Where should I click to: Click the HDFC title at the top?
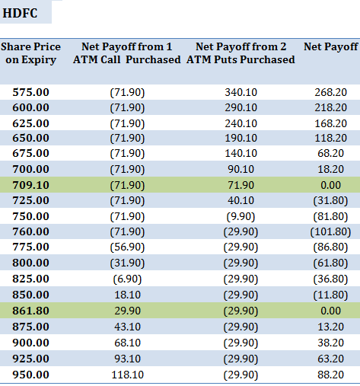20,13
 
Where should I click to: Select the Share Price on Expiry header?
30,53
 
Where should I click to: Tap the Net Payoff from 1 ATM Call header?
127,53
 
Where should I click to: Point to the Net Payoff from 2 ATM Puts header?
241,53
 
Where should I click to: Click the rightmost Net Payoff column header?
331,47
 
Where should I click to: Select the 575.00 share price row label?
30,92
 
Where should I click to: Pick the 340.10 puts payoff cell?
241,92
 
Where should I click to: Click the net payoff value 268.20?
331,92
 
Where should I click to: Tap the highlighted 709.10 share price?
30,185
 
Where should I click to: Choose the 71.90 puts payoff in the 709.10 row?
241,185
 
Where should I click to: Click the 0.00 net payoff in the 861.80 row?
331,311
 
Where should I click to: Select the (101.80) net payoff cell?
331,231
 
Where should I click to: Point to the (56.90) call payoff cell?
127,247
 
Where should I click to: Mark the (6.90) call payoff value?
127,279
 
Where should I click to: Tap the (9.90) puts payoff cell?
241,216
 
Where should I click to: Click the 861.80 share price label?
30,311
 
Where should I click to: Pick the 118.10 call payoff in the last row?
127,375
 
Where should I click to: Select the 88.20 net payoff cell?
331,375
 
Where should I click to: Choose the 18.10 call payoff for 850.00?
127,295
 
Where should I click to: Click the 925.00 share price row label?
30,359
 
